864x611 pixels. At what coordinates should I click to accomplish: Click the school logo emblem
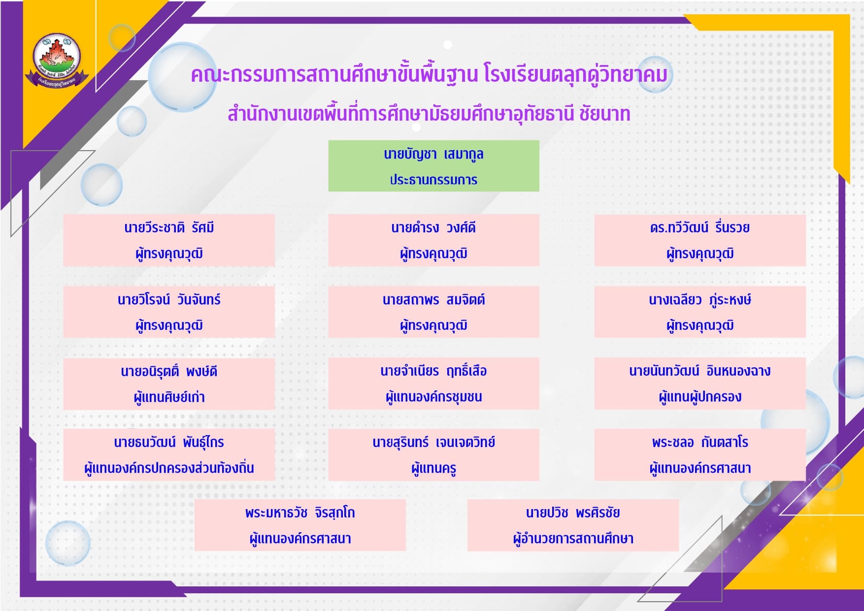pyautogui.click(x=57, y=60)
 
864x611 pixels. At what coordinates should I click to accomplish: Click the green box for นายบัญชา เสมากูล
pyautogui.click(x=433, y=166)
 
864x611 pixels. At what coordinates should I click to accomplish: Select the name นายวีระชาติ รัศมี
pyautogui.click(x=169, y=227)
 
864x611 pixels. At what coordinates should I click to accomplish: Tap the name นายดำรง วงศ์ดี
pyautogui.click(x=433, y=227)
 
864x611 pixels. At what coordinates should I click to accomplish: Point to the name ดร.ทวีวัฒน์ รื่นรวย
pyautogui.click(x=700, y=227)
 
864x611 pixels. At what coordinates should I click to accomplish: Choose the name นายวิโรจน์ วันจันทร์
pyautogui.click(x=169, y=299)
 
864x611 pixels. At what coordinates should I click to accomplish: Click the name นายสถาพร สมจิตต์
pyautogui.click(x=433, y=299)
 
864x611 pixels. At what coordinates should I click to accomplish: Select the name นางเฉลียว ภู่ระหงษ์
pyautogui.click(x=700, y=299)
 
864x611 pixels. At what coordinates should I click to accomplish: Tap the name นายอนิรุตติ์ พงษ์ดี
pyautogui.click(x=169, y=371)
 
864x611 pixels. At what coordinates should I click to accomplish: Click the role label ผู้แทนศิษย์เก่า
pyautogui.click(x=169, y=397)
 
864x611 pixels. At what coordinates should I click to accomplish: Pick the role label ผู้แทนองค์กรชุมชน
pyautogui.click(x=433, y=397)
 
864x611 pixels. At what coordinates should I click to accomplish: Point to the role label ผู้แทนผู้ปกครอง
pyautogui.click(x=700, y=397)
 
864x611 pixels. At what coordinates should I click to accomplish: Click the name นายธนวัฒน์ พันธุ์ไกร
pyautogui.click(x=169, y=442)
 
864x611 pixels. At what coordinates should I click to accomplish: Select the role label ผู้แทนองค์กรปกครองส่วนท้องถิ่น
pyautogui.click(x=169, y=468)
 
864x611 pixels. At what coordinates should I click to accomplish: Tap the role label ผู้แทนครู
pyautogui.click(x=433, y=468)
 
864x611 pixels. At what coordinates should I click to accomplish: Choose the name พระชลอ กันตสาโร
pyautogui.click(x=700, y=442)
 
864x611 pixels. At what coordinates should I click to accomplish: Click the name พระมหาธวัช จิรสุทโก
pyautogui.click(x=300, y=513)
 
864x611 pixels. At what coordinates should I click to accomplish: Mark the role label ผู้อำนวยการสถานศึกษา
pyautogui.click(x=573, y=539)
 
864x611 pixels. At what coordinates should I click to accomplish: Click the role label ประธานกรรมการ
pyautogui.click(x=433, y=180)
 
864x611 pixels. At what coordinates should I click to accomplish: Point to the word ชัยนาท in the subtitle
pyautogui.click(x=605, y=114)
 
